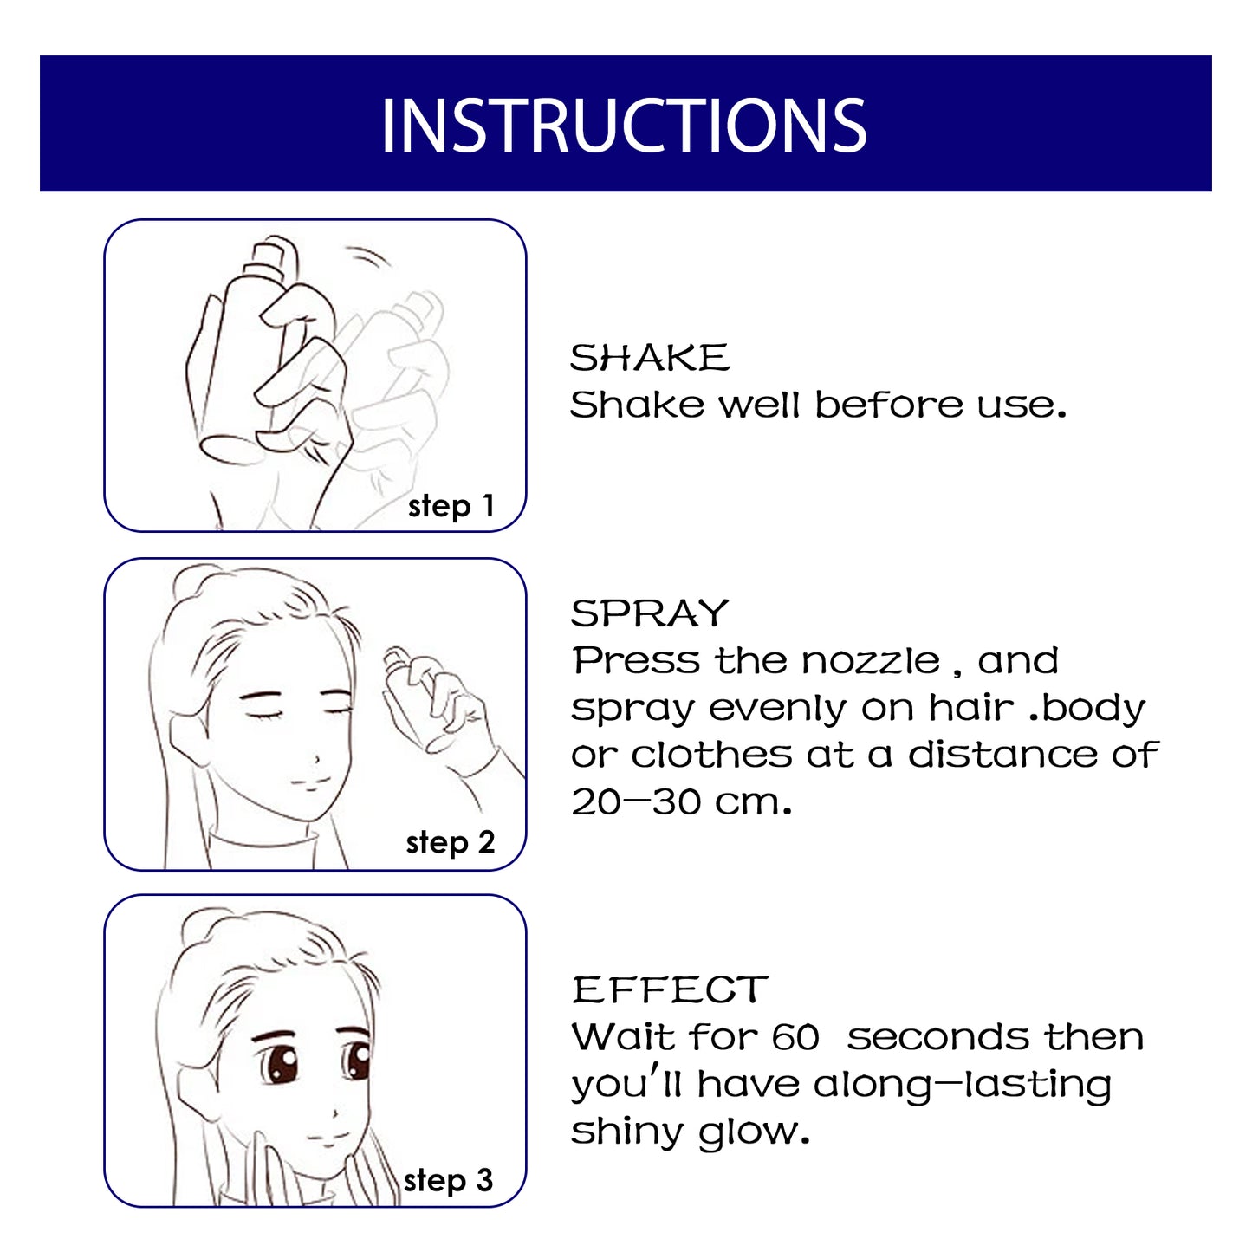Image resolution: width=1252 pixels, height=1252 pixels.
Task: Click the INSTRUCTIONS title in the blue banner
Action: [x=624, y=126]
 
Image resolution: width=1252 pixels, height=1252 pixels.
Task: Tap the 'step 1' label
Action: [x=451, y=506]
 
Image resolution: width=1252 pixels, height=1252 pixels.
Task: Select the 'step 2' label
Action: [x=450, y=842]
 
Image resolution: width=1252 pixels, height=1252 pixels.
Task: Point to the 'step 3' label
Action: [x=448, y=1180]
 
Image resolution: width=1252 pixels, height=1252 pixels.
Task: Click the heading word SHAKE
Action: [x=650, y=358]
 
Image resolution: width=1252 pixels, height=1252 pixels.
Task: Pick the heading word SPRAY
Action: [x=650, y=613]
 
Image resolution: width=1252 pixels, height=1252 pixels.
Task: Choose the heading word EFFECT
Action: [x=670, y=990]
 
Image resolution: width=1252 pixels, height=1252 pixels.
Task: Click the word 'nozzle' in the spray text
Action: [x=870, y=661]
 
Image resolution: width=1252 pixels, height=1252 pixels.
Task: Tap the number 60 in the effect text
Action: [x=795, y=1037]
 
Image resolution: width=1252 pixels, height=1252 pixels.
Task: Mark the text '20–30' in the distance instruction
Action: [x=636, y=801]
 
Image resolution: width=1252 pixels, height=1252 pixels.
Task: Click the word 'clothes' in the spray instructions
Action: [x=711, y=755]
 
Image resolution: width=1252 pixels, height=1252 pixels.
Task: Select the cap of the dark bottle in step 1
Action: [x=271, y=256]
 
